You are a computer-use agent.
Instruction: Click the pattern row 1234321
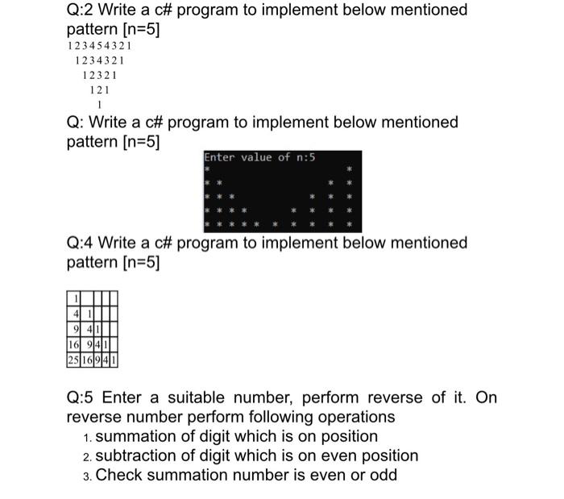click(98, 60)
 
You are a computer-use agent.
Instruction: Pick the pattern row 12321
click(98, 75)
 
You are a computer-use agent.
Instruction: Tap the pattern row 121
click(99, 89)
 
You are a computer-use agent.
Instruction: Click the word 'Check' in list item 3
click(118, 475)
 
